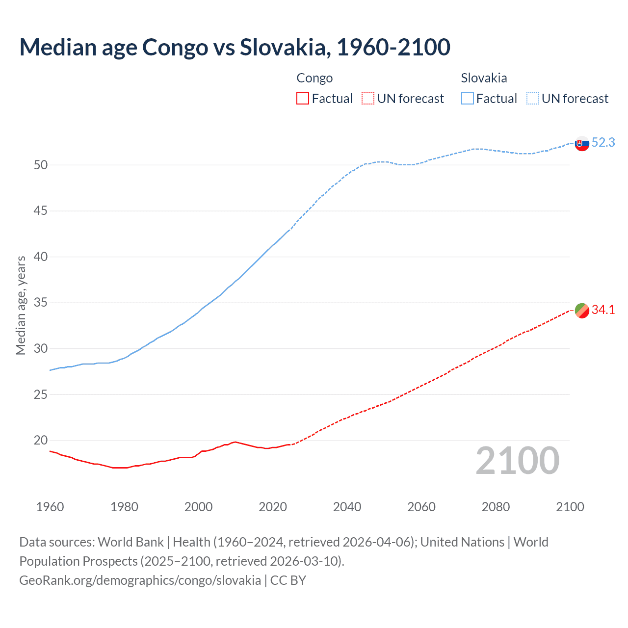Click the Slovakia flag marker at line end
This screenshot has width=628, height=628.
(582, 144)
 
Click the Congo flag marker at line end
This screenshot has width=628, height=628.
(582, 311)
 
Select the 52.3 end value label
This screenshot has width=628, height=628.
(603, 142)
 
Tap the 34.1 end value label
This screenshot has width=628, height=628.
(603, 310)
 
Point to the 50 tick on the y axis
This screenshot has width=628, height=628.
(41, 165)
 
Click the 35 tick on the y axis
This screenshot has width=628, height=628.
(41, 303)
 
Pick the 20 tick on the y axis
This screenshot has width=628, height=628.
(41, 441)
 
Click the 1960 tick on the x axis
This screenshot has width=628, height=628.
(50, 507)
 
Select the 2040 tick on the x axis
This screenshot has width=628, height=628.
(347, 507)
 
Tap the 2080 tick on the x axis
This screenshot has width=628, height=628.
(496, 507)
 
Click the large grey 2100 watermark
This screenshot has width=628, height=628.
(517, 460)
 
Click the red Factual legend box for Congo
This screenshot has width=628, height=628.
(303, 99)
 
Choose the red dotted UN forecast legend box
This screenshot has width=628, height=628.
(368, 99)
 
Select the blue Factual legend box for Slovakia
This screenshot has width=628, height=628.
(467, 99)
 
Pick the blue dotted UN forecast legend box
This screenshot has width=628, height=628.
(532, 99)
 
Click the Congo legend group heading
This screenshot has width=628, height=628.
(314, 78)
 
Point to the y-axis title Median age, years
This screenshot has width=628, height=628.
(21, 305)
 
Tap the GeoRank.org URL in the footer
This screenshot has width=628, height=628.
(140, 580)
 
